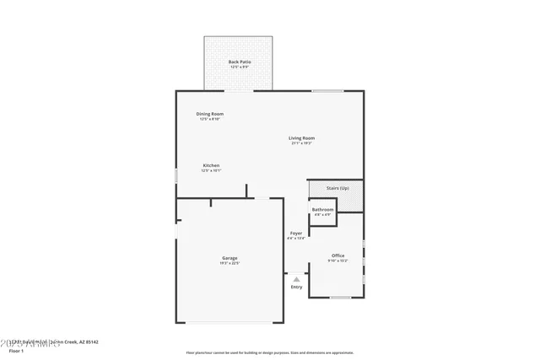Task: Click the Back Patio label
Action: (x=240, y=62)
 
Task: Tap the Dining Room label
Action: (x=210, y=114)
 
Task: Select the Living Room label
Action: (x=301, y=138)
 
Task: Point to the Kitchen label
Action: (x=211, y=165)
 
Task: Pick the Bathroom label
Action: (x=322, y=209)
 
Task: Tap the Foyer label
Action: (x=296, y=233)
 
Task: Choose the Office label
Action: (x=337, y=255)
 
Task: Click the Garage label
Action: (x=229, y=258)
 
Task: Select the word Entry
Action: (x=296, y=287)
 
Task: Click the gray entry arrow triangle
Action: (x=296, y=279)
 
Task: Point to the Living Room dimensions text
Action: (x=301, y=143)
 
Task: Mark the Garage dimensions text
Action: (x=229, y=263)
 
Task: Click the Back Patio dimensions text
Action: (x=240, y=67)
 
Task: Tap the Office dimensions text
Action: (x=337, y=261)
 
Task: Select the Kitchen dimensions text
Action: (x=211, y=170)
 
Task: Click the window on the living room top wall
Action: (x=327, y=91)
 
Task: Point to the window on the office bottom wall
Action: (x=340, y=297)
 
